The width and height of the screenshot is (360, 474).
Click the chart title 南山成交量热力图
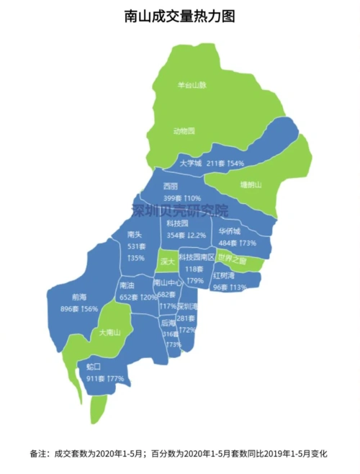180,16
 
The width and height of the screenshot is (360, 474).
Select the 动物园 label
184,130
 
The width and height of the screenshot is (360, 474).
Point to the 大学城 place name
190,164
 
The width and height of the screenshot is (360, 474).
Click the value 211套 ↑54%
226,164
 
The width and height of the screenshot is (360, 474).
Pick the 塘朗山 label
251,184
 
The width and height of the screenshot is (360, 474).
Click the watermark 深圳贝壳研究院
179,211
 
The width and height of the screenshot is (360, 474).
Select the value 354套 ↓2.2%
186,235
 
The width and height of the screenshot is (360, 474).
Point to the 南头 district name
135,234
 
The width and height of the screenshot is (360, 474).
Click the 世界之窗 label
232,259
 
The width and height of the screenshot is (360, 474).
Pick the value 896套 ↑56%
80,308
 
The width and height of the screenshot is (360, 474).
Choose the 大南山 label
109,332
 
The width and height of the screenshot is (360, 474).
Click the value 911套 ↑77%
105,377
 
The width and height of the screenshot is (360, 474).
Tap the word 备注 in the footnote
38,455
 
